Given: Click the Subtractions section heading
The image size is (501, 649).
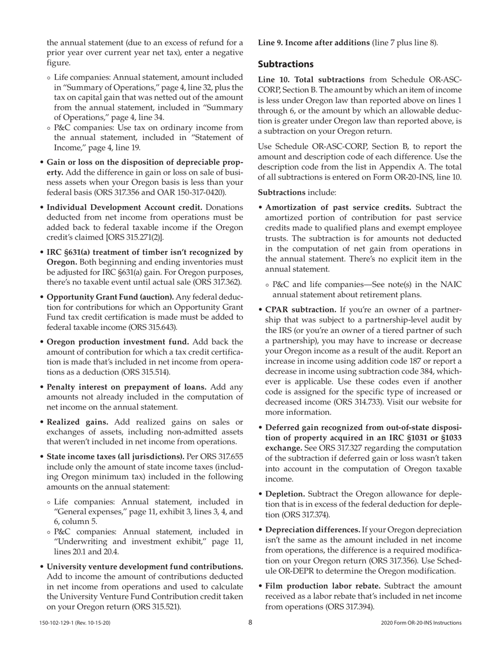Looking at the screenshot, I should click(285, 64).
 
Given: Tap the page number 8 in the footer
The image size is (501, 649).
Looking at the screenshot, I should click(250, 623).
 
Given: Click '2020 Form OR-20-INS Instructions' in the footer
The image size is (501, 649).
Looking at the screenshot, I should click(421, 623).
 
